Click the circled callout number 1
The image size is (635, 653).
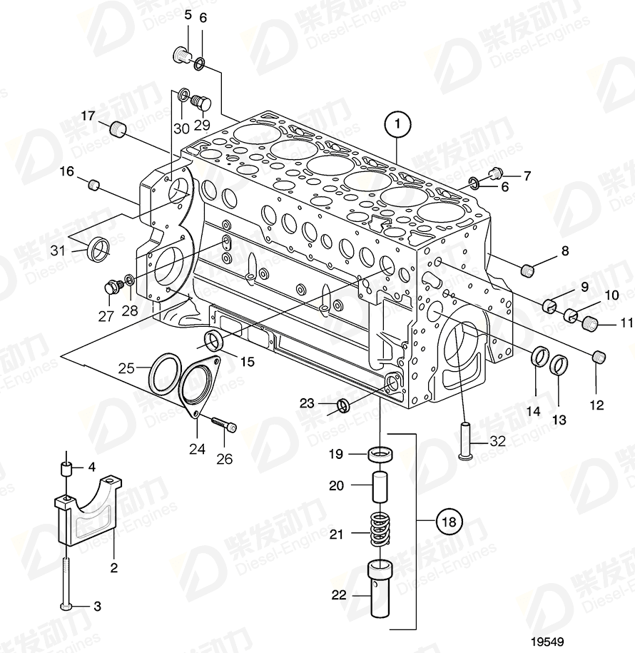[397, 124]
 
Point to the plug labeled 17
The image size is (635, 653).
[118, 130]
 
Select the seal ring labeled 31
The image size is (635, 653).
[98, 248]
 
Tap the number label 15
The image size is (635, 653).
[247, 361]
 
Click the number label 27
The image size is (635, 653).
[106, 316]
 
